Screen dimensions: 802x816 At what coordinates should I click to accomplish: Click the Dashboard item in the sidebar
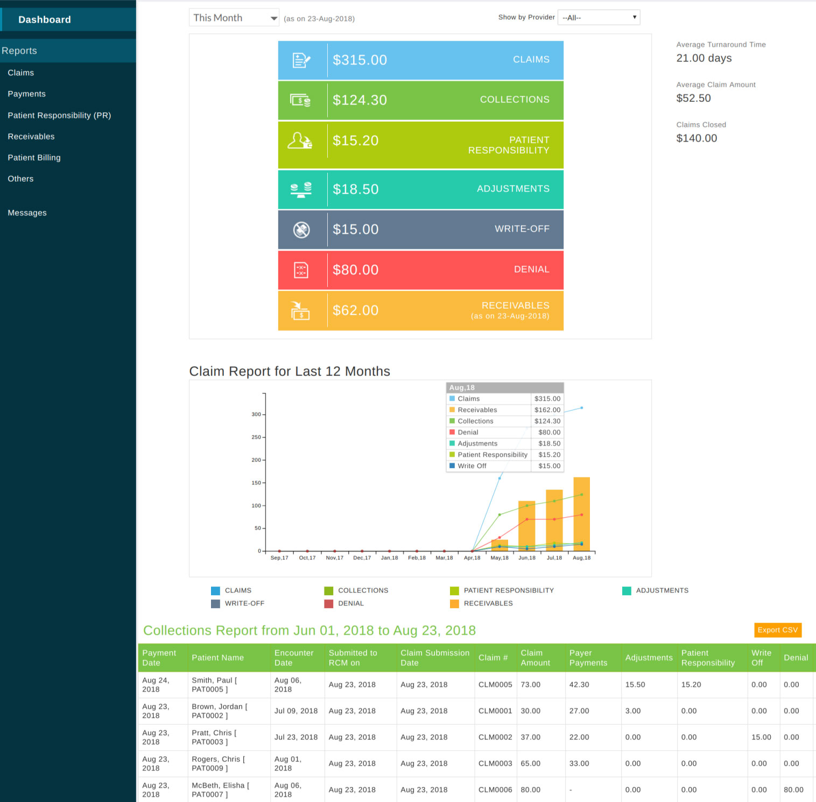(x=45, y=20)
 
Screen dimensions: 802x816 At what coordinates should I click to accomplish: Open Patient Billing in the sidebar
(x=34, y=158)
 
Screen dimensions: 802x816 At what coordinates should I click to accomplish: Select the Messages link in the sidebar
(x=27, y=213)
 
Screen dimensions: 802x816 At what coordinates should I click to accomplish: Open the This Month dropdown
(x=234, y=18)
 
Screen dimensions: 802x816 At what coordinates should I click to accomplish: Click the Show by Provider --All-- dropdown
(x=599, y=18)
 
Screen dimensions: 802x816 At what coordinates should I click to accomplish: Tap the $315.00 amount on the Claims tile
(x=360, y=60)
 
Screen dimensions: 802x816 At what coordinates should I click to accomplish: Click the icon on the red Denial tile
(x=301, y=270)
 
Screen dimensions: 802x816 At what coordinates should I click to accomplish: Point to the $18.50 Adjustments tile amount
(x=355, y=190)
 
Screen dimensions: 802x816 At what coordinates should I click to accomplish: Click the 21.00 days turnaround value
(x=704, y=58)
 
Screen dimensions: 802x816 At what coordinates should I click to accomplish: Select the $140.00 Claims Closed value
(x=697, y=138)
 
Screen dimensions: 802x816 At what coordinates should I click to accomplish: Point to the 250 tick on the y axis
(x=256, y=437)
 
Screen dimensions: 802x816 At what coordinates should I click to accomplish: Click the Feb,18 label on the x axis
(x=417, y=558)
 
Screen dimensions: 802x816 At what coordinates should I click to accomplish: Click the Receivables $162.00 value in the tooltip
(x=547, y=410)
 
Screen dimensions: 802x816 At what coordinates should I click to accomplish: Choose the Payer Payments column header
(x=588, y=658)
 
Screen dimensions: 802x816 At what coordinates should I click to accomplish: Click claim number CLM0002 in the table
(x=495, y=737)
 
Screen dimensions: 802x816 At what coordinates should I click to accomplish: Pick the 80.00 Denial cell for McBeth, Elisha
(x=793, y=790)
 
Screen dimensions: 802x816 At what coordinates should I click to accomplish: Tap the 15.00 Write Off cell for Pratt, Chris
(x=761, y=737)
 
